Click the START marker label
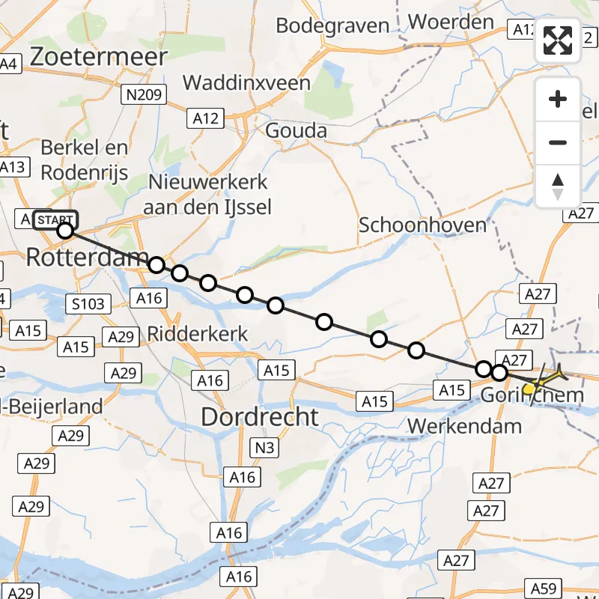click(x=55, y=219)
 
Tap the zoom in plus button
click(x=558, y=99)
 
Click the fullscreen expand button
click(x=558, y=40)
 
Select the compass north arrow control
click(x=558, y=186)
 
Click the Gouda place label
click(x=297, y=131)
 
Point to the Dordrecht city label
click(x=259, y=416)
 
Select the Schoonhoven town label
click(x=422, y=225)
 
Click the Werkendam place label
click(x=463, y=427)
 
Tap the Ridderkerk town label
click(x=198, y=332)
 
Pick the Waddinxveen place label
click(x=246, y=82)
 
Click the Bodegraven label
click(x=332, y=25)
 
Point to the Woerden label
click(x=451, y=22)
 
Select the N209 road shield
click(x=143, y=94)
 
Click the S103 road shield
click(x=88, y=303)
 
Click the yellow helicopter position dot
click(x=529, y=388)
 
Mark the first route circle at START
click(x=65, y=231)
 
